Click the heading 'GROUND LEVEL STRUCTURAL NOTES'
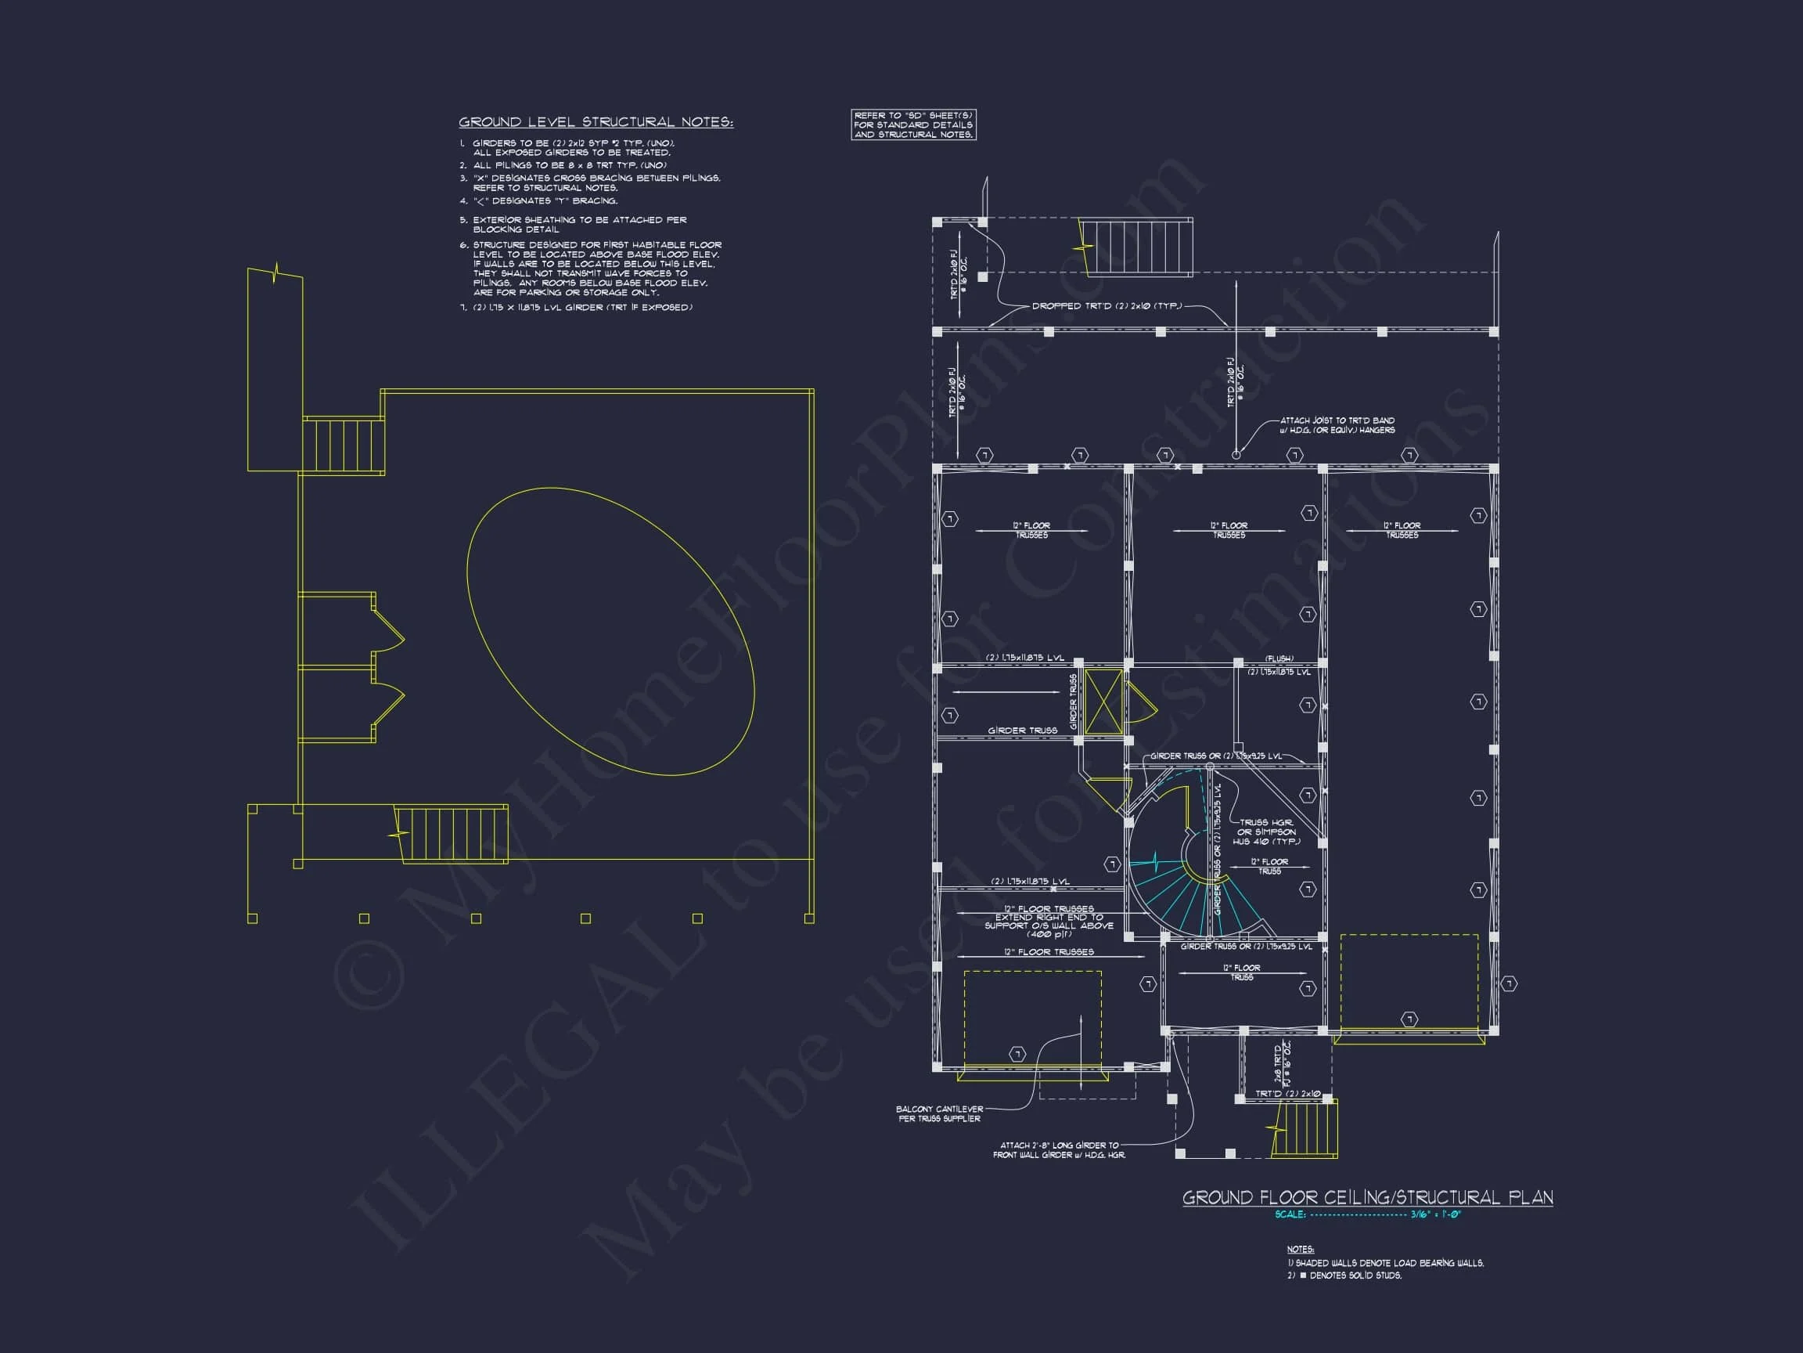point(595,122)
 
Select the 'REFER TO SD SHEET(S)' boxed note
point(913,124)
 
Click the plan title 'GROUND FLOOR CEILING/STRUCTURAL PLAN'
point(1367,1197)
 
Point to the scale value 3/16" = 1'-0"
point(1435,1214)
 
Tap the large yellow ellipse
point(610,631)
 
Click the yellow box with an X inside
point(1103,702)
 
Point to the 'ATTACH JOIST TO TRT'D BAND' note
point(1337,425)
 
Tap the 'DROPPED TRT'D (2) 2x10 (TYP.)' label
point(1106,307)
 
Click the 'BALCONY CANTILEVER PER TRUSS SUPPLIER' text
point(939,1113)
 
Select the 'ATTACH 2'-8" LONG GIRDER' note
point(1059,1150)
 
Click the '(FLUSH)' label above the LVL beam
point(1279,659)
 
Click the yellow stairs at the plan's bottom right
point(1305,1128)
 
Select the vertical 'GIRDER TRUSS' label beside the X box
point(1074,702)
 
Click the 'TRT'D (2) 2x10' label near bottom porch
point(1287,1094)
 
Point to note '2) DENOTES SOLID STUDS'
point(1344,1275)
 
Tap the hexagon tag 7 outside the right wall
point(1509,984)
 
